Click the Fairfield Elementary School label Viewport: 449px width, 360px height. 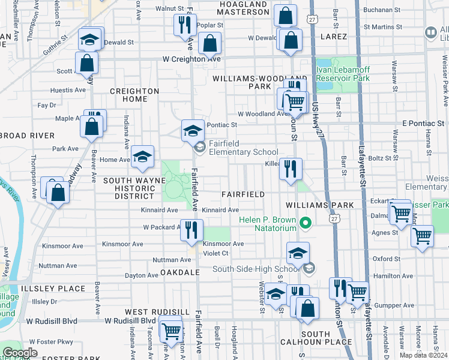pyautogui.click(x=243, y=152)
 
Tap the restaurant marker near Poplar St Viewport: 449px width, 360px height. pyautogui.click(x=184, y=25)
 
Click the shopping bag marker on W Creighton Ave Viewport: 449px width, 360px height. pyautogui.click(x=209, y=43)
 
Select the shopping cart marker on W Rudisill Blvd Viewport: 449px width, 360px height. pyautogui.click(x=172, y=330)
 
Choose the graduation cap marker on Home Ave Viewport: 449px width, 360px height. pyautogui.click(x=142, y=157)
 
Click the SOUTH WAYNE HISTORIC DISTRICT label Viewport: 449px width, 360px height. pyautogui.click(x=129, y=188)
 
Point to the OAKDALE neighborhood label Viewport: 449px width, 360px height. pyautogui.click(x=179, y=272)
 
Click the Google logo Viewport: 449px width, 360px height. pyautogui.click(x=20, y=353)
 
